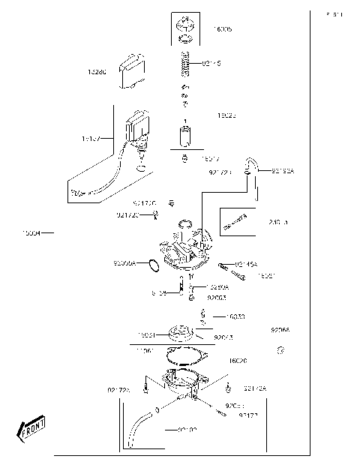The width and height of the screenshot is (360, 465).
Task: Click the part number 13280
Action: point(97,72)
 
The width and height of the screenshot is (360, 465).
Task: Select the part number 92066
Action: point(280,330)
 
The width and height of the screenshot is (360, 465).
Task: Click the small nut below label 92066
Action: point(280,349)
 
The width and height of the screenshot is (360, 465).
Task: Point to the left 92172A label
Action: point(118,390)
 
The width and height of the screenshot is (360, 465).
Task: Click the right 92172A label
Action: point(255,388)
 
